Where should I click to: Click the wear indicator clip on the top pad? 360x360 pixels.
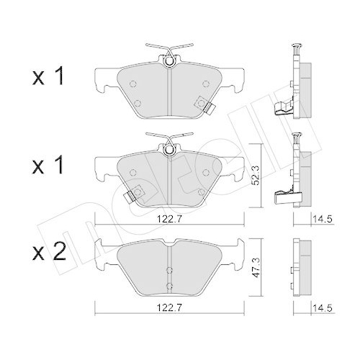coord(210,109)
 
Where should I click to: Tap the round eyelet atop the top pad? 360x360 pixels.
coord(168,60)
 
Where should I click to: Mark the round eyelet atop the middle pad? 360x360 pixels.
coord(168,150)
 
